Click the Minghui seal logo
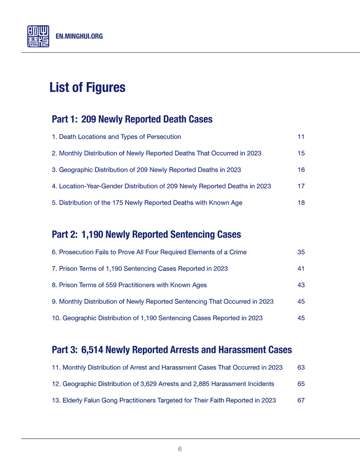tap(38, 36)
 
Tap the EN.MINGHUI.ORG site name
tap(79, 36)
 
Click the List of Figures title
tap(87, 88)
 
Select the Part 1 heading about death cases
tap(132, 119)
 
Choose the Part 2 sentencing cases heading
tap(146, 234)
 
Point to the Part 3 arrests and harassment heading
tap(172, 349)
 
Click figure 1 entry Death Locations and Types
tap(116, 137)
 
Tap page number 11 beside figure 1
tap(300, 137)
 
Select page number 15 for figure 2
tap(301, 153)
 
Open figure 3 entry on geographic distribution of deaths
tap(146, 170)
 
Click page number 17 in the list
tap(301, 186)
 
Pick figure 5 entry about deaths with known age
tap(147, 203)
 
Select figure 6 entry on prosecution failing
tap(149, 252)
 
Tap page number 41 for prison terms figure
tap(301, 269)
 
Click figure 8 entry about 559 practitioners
tap(129, 285)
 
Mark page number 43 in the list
tap(301, 285)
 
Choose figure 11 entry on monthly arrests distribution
tap(167, 368)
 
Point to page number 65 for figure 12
tap(301, 384)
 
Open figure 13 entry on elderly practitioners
tap(164, 400)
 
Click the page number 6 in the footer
tap(180, 449)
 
